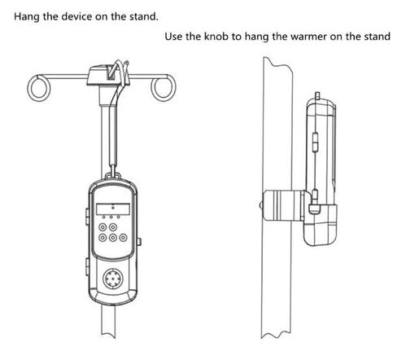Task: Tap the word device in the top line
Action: click(x=76, y=16)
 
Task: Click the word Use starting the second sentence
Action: click(x=173, y=36)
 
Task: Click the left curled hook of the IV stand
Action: click(x=39, y=87)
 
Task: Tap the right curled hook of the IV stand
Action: click(x=164, y=87)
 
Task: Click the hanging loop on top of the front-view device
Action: click(x=113, y=175)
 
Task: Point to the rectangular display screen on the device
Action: click(x=113, y=209)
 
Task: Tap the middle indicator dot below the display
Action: click(x=111, y=217)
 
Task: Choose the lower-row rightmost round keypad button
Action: click(x=124, y=238)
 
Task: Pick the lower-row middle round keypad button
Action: click(x=113, y=238)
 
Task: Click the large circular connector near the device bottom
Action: click(x=113, y=279)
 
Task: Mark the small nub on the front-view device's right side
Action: click(x=139, y=241)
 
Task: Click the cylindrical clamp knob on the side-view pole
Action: click(x=283, y=205)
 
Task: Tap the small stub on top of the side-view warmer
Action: click(x=317, y=95)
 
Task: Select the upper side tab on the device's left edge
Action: click(x=87, y=217)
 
